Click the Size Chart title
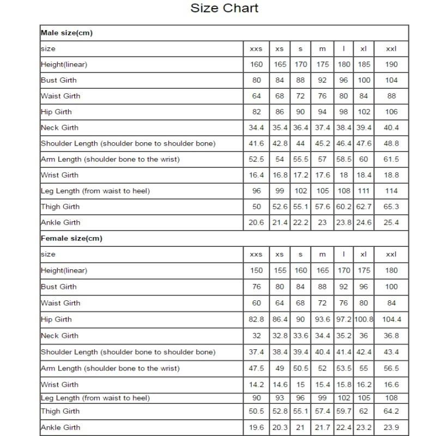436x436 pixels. click(x=224, y=8)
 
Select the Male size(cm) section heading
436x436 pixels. click(x=66, y=33)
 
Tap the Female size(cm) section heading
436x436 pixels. click(x=71, y=238)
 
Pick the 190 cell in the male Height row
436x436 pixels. click(x=391, y=64)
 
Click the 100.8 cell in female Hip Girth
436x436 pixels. click(x=364, y=319)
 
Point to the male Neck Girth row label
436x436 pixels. click(x=59, y=128)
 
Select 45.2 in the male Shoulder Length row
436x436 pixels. click(x=323, y=143)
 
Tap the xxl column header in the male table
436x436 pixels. click(x=391, y=49)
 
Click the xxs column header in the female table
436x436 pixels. click(x=256, y=255)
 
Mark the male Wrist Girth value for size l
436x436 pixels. click(x=344, y=175)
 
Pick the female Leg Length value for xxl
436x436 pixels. click(x=391, y=398)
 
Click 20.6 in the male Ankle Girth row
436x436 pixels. click(x=256, y=222)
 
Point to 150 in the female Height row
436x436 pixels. click(x=256, y=270)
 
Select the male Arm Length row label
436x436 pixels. click(x=110, y=159)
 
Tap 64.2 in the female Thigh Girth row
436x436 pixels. click(x=391, y=411)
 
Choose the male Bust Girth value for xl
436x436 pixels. click(x=364, y=80)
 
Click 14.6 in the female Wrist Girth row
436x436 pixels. click(x=280, y=384)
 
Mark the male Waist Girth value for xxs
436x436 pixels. click(x=256, y=96)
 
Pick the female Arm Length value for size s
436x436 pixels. click(x=301, y=368)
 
